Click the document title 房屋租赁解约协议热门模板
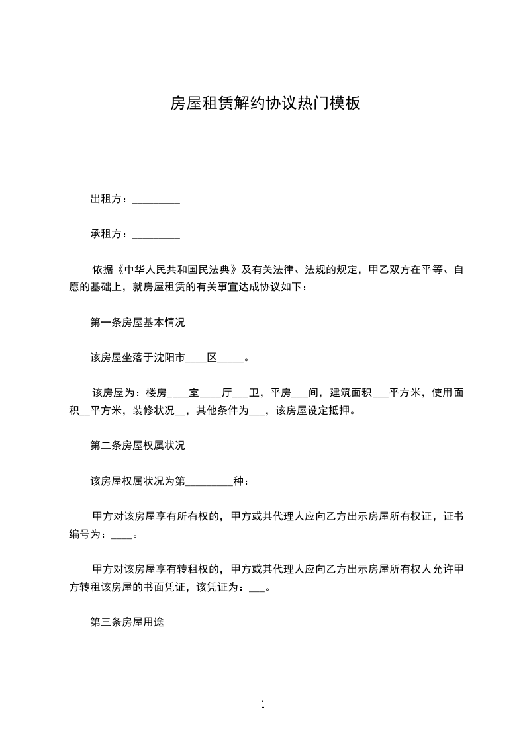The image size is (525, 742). [x=265, y=103]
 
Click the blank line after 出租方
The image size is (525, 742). [x=156, y=199]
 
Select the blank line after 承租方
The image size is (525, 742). [x=156, y=234]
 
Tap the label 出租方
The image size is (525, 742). [x=106, y=199]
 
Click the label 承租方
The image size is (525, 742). [x=106, y=234]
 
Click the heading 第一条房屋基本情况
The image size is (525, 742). [x=138, y=323]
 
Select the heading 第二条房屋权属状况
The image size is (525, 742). [x=138, y=446]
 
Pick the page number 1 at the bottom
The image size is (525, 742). [x=263, y=704]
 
